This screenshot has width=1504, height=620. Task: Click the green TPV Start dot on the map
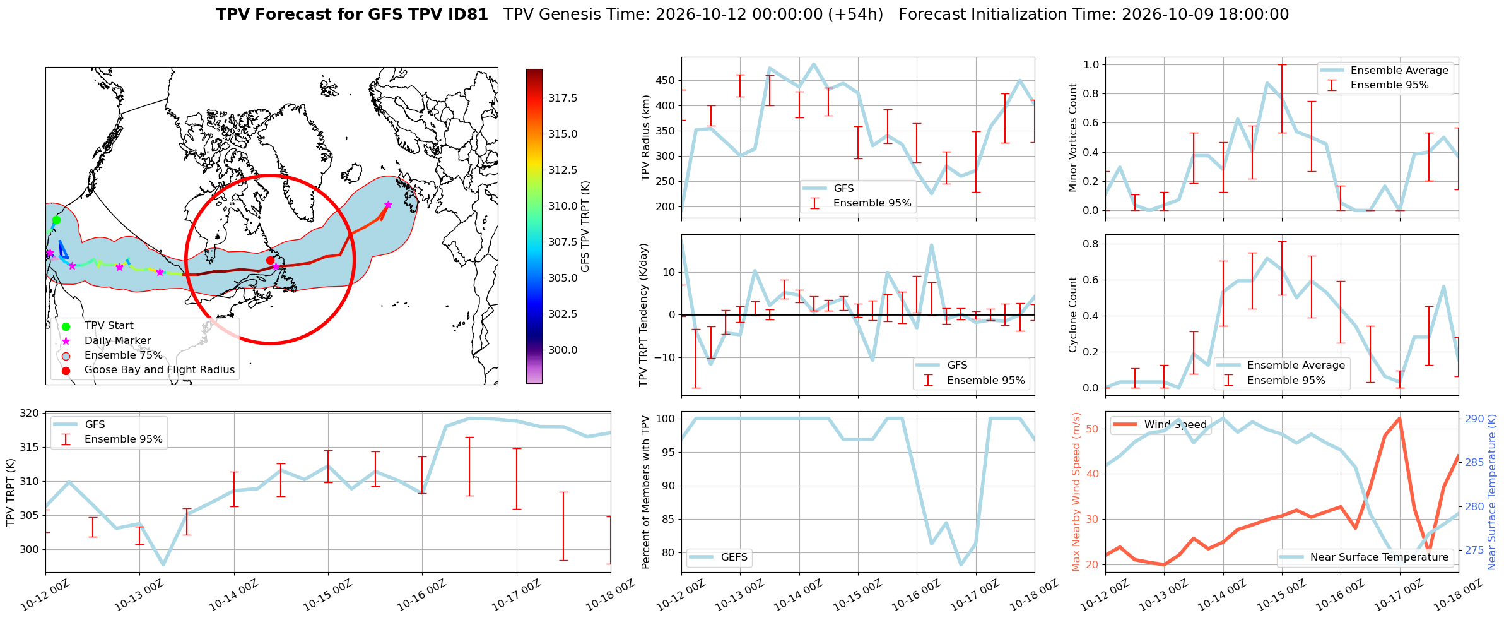point(56,220)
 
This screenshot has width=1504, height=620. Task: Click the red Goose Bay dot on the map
point(270,260)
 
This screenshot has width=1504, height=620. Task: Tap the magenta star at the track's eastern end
point(388,205)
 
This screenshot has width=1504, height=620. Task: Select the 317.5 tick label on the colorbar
point(563,98)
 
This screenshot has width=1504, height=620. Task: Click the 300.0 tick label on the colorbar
point(563,350)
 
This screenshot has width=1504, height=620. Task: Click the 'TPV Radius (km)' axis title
point(645,138)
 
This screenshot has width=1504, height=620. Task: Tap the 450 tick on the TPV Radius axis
point(666,80)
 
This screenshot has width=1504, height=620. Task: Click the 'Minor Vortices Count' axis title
point(1072,138)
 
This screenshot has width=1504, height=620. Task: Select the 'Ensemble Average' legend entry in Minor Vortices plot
point(1386,71)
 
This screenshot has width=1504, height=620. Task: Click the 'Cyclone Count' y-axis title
point(1072,314)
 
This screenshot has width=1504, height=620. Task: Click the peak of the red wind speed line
point(1399,418)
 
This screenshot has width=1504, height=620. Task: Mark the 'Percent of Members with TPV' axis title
point(645,492)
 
